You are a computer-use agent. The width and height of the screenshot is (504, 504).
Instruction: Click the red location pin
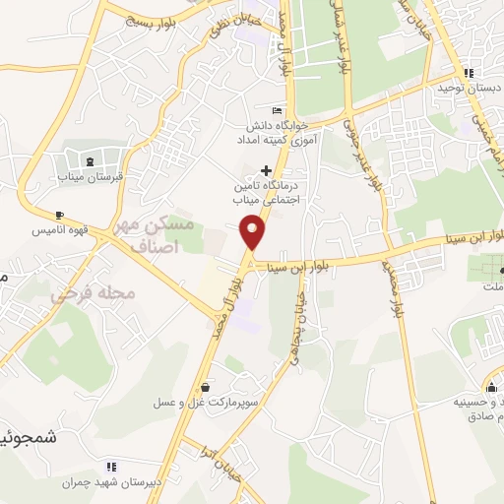pos(253,232)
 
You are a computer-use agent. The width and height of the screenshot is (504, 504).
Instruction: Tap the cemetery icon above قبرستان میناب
pos(91,161)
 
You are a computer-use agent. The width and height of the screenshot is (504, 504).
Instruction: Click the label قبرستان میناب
pos(91,177)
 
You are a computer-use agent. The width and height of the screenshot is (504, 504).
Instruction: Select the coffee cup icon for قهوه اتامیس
pos(60,216)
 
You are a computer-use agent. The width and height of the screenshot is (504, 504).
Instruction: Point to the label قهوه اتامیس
pos(93,229)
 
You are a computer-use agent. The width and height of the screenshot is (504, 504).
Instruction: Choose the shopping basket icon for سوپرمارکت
pos(204,389)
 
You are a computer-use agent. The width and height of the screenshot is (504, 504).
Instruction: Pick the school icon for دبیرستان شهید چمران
pos(110,466)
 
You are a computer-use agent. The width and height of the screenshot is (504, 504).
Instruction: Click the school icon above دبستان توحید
pos(470,73)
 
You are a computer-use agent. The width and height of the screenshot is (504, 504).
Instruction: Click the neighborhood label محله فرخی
pos(79,293)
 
